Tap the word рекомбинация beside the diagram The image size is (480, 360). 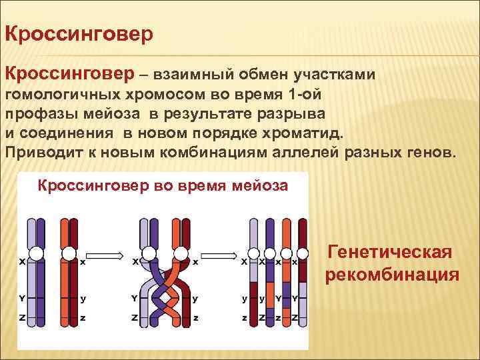coord(392,275)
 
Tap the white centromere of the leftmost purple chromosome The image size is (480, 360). coord(36,253)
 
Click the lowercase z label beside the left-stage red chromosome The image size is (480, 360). coord(83,318)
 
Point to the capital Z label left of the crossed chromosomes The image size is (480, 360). coord(135,318)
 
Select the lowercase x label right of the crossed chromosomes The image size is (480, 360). coord(195,262)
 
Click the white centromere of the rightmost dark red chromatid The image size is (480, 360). coord(303,253)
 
